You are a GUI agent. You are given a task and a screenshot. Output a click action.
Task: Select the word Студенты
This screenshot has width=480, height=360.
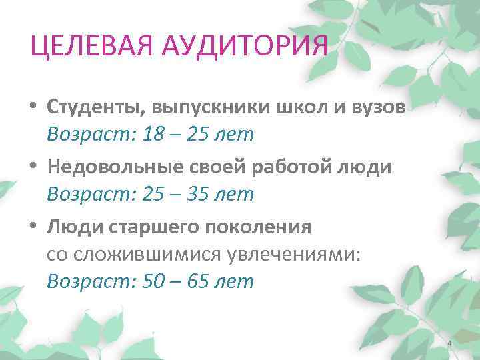[95, 107]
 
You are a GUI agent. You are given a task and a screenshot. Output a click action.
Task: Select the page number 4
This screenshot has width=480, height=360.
[449, 343]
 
